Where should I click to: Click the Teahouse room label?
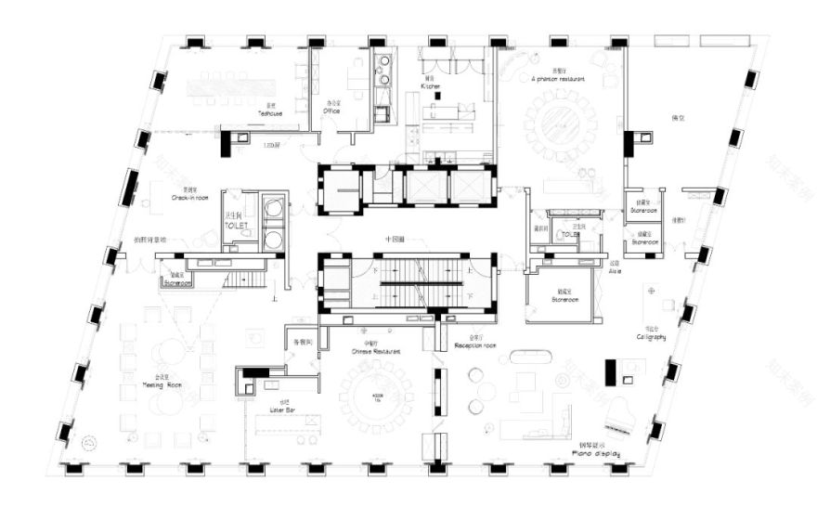click(270, 112)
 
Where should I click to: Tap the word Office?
click(331, 110)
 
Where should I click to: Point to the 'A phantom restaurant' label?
click(559, 80)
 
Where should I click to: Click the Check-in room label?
click(194, 197)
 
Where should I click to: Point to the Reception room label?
click(475, 345)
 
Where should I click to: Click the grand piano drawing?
click(618, 415)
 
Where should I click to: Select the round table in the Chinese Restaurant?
click(376, 394)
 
